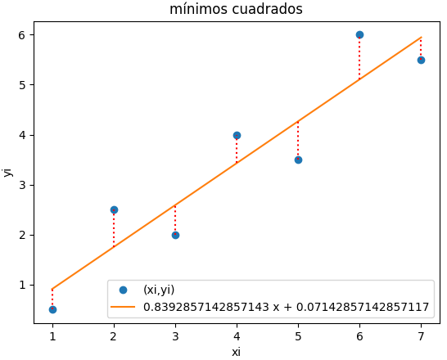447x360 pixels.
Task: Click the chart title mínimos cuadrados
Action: click(x=236, y=10)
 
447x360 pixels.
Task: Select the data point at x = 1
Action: click(x=52, y=309)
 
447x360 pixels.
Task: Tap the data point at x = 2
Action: click(x=114, y=209)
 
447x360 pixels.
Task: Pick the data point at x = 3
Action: click(x=175, y=235)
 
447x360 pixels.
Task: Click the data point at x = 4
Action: click(x=237, y=135)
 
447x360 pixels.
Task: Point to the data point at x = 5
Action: click(x=298, y=160)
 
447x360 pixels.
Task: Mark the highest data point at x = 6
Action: click(x=359, y=34)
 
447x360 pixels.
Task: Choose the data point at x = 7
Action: click(x=421, y=60)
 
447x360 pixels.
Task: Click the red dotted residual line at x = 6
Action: click(x=359, y=57)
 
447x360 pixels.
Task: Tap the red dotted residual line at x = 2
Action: click(x=114, y=229)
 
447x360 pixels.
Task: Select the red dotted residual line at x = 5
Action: click(x=298, y=139)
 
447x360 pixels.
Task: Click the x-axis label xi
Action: click(x=236, y=352)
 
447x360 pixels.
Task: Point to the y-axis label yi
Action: click(x=8, y=172)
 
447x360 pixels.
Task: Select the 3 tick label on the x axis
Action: click(x=175, y=335)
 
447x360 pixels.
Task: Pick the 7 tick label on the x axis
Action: click(x=421, y=335)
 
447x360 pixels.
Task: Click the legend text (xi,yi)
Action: click(x=159, y=290)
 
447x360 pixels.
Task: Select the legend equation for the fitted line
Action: click(x=286, y=307)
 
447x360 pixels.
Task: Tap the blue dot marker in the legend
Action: click(x=123, y=290)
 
